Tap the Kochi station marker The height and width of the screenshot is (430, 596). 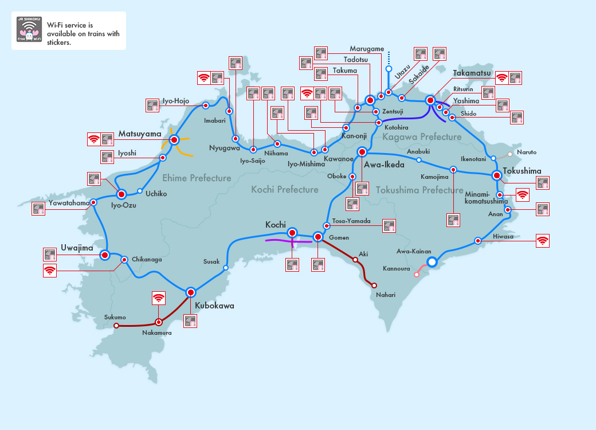(x=293, y=233)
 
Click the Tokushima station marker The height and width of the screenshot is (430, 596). (x=497, y=175)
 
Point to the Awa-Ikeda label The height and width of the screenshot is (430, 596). (x=384, y=165)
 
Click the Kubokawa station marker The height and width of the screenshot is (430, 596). (x=191, y=291)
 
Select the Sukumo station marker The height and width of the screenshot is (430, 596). (x=116, y=326)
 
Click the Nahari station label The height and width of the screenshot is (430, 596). (x=386, y=295)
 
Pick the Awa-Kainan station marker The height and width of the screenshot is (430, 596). (x=432, y=262)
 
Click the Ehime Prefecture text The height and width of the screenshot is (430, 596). (x=197, y=178)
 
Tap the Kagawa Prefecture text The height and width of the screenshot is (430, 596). (x=422, y=137)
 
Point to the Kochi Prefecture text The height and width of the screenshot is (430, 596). (x=285, y=190)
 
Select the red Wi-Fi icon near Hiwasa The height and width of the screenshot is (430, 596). (x=542, y=241)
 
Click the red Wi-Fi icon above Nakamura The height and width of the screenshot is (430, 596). (x=159, y=298)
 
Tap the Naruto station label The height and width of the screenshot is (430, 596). (x=527, y=153)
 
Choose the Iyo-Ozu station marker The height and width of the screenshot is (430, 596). (x=121, y=194)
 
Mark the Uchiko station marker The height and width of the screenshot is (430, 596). (x=140, y=191)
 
